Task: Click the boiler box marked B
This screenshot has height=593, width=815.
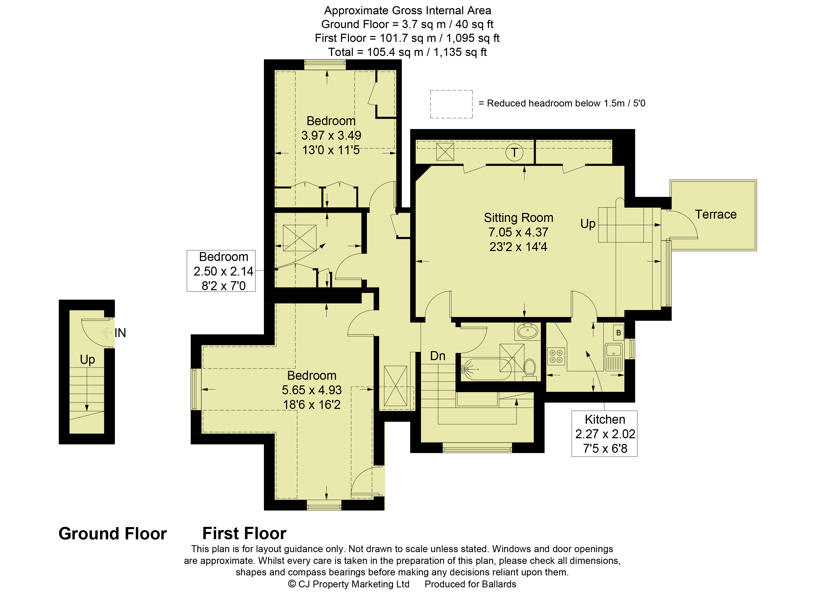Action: pos(619,333)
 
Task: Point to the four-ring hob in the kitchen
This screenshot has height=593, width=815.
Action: pos(556,356)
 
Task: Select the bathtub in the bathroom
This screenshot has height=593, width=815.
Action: pos(486,369)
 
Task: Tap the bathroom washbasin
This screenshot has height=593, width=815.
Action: pos(527,331)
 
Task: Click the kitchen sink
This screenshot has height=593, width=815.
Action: pos(613,357)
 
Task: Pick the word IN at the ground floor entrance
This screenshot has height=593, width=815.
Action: pos(120,333)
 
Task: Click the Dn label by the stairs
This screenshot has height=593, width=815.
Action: pos(438,356)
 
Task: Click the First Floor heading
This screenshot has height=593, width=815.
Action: pos(244,533)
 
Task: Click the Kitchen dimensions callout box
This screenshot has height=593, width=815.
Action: pos(604,434)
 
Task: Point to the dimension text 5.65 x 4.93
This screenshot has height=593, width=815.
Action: pos(311,390)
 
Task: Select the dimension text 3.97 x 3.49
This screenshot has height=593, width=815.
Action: pos(331,135)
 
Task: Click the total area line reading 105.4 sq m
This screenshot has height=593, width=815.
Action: pos(407,52)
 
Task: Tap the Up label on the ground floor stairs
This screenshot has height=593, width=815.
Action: pos(87,360)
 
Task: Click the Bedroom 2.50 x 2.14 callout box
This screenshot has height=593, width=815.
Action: pos(221,271)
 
